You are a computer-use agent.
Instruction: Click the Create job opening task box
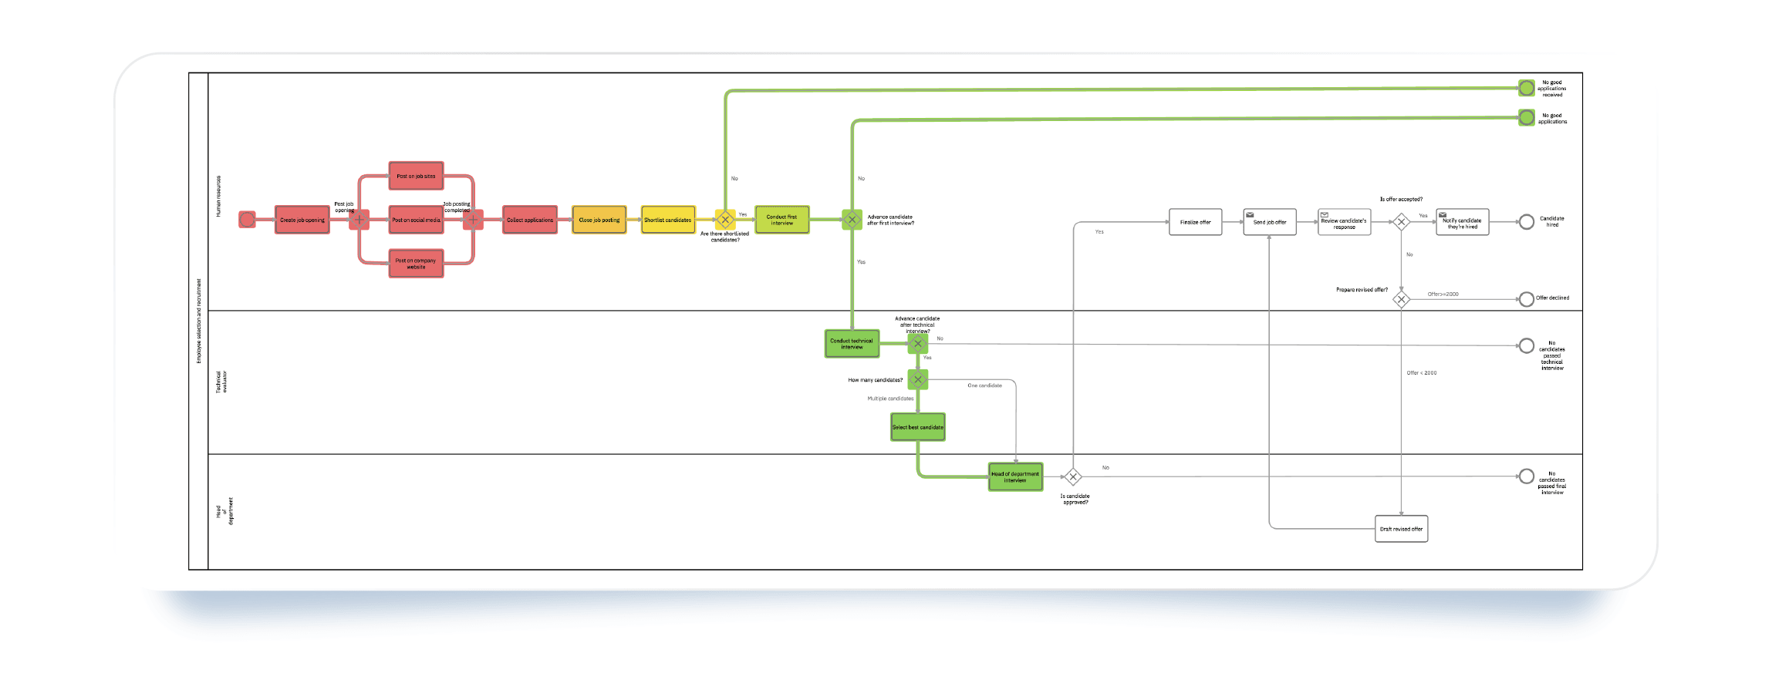tap(302, 220)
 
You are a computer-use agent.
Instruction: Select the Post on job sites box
tap(416, 176)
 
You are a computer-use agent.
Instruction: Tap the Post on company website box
tap(416, 264)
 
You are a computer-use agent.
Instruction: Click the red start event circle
tap(247, 220)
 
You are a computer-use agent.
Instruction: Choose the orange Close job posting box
tap(599, 220)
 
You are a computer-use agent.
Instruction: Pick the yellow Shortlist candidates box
tap(667, 220)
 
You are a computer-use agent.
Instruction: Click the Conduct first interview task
tap(781, 220)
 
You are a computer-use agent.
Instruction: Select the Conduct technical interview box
tap(852, 344)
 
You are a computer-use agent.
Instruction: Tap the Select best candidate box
tap(917, 427)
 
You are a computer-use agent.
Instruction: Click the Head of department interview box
tap(1015, 477)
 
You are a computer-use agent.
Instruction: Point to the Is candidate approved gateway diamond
tap(1072, 477)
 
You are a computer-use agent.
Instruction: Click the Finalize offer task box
tap(1195, 222)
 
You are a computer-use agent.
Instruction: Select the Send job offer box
tap(1270, 222)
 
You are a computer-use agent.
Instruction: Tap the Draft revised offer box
tap(1401, 529)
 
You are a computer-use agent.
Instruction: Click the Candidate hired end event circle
tap(1526, 222)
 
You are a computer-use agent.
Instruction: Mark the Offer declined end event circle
tap(1526, 299)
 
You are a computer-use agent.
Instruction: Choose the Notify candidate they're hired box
tap(1462, 222)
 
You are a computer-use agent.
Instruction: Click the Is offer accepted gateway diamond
tap(1401, 222)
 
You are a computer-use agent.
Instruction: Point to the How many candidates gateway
tap(917, 379)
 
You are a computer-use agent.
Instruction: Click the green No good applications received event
tap(1526, 88)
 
